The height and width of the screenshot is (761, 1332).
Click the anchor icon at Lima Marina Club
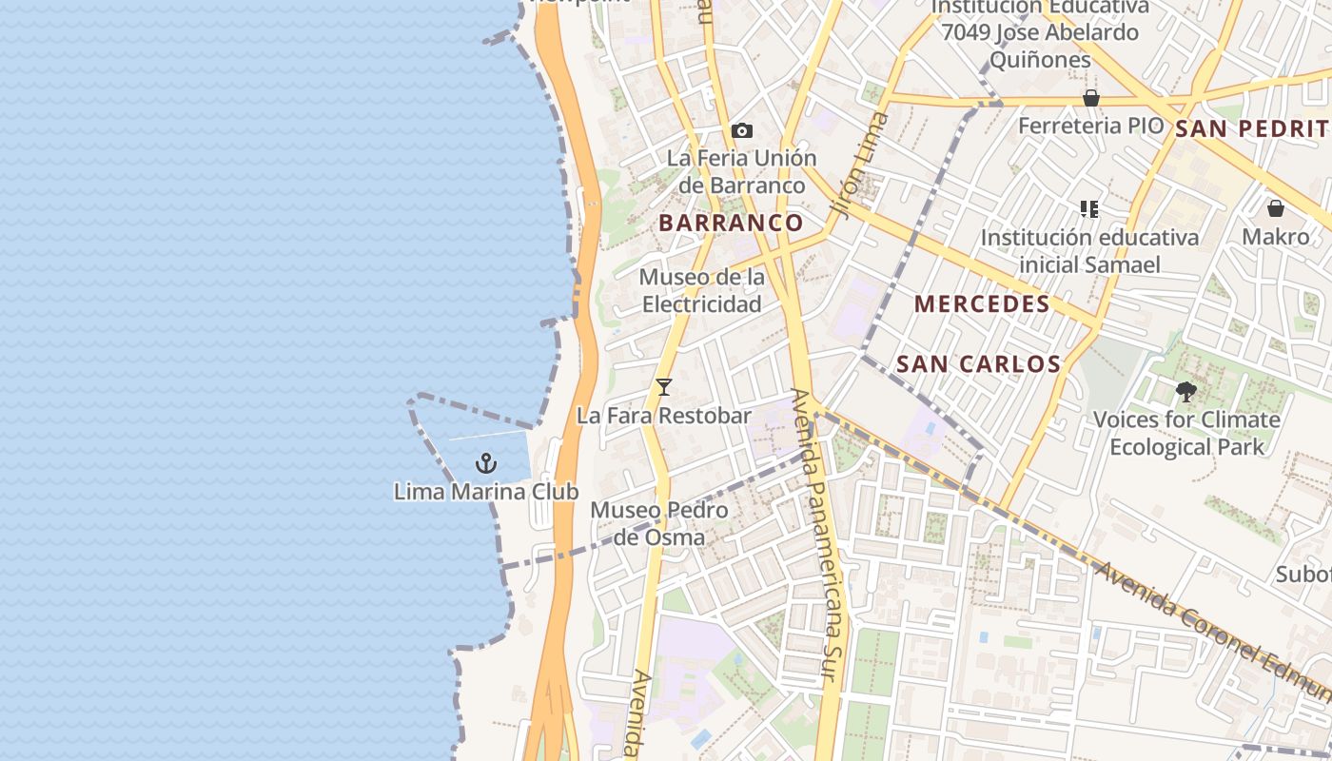click(x=486, y=463)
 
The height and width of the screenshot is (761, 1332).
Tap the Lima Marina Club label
click(x=486, y=492)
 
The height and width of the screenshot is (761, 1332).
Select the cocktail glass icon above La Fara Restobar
click(x=664, y=387)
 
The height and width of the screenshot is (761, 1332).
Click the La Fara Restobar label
click(x=664, y=416)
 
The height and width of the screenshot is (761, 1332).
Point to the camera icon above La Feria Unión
click(x=742, y=130)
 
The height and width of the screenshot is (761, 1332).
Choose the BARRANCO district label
click(x=731, y=223)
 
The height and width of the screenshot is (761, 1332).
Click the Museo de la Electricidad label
click(x=702, y=290)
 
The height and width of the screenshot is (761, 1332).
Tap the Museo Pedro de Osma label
click(x=659, y=523)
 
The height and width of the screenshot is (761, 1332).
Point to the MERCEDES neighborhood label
click(x=982, y=304)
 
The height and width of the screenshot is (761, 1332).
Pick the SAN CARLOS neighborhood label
click(x=978, y=363)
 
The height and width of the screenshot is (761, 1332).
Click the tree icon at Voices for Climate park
click(x=1185, y=391)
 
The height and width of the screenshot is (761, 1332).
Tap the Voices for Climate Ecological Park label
click(x=1186, y=433)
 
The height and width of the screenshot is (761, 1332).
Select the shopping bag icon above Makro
click(x=1276, y=208)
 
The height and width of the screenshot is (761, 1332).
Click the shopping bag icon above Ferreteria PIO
click(x=1091, y=99)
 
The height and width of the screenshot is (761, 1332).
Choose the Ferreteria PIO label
click(x=1090, y=126)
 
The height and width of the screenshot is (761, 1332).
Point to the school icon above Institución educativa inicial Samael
click(x=1089, y=209)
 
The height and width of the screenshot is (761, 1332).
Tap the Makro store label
click(x=1276, y=236)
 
